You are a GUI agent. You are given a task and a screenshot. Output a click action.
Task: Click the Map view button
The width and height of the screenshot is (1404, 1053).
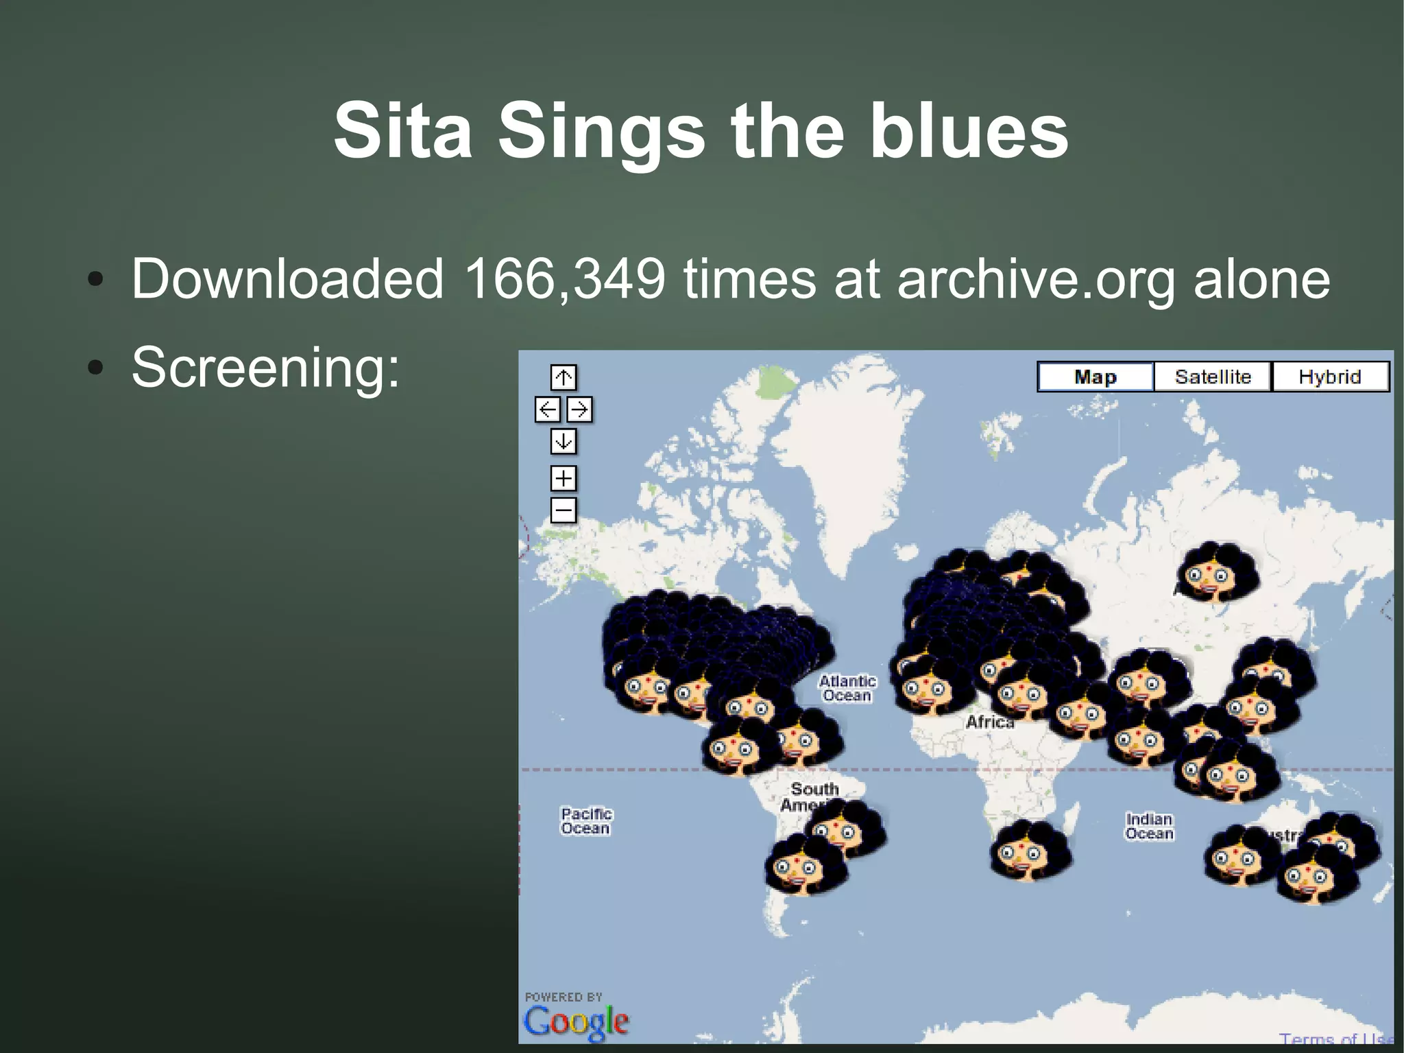[x=1095, y=377]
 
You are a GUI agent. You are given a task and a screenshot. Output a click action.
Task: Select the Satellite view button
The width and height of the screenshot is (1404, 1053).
[x=1212, y=377]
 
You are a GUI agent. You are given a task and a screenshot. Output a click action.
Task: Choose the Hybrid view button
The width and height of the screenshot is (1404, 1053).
[x=1330, y=377]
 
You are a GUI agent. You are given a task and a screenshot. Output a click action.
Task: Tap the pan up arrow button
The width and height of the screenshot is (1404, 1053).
[x=564, y=377]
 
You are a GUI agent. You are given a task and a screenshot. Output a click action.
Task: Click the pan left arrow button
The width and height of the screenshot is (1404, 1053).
[x=547, y=410]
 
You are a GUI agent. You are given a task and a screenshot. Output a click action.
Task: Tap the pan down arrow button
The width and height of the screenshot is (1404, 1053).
[x=564, y=441]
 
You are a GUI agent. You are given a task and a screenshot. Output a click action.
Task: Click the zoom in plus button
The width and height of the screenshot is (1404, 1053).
[x=564, y=478]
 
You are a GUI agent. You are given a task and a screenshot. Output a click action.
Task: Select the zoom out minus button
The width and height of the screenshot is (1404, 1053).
[x=564, y=510]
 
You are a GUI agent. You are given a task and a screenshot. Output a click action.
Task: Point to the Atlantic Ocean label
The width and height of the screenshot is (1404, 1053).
[x=847, y=688]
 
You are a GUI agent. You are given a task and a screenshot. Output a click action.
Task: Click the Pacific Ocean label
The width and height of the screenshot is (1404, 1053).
[x=586, y=820]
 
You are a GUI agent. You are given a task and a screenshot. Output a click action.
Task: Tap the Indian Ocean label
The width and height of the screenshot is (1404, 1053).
[x=1150, y=826]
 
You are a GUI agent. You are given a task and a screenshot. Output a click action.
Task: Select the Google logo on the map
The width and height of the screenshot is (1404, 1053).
[x=576, y=1021]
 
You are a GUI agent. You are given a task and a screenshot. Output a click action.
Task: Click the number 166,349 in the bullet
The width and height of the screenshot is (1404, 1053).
[x=564, y=279]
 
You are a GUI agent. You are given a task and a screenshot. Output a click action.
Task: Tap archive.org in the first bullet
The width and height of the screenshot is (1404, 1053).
[x=1036, y=279]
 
